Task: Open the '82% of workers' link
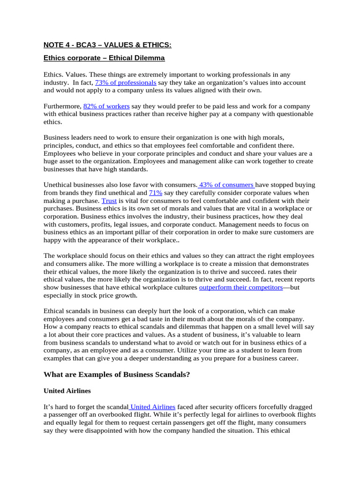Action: coord(106,106)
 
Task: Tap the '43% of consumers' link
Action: coord(226,185)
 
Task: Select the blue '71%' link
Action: coord(156,193)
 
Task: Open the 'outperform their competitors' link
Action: coord(241,287)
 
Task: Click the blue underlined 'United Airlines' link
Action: coord(152,406)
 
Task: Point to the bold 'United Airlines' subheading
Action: coord(67,390)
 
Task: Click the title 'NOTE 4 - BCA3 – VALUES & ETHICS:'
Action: coord(107,45)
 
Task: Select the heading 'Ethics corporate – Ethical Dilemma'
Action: coord(104,59)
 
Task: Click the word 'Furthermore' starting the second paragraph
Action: coord(62,106)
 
